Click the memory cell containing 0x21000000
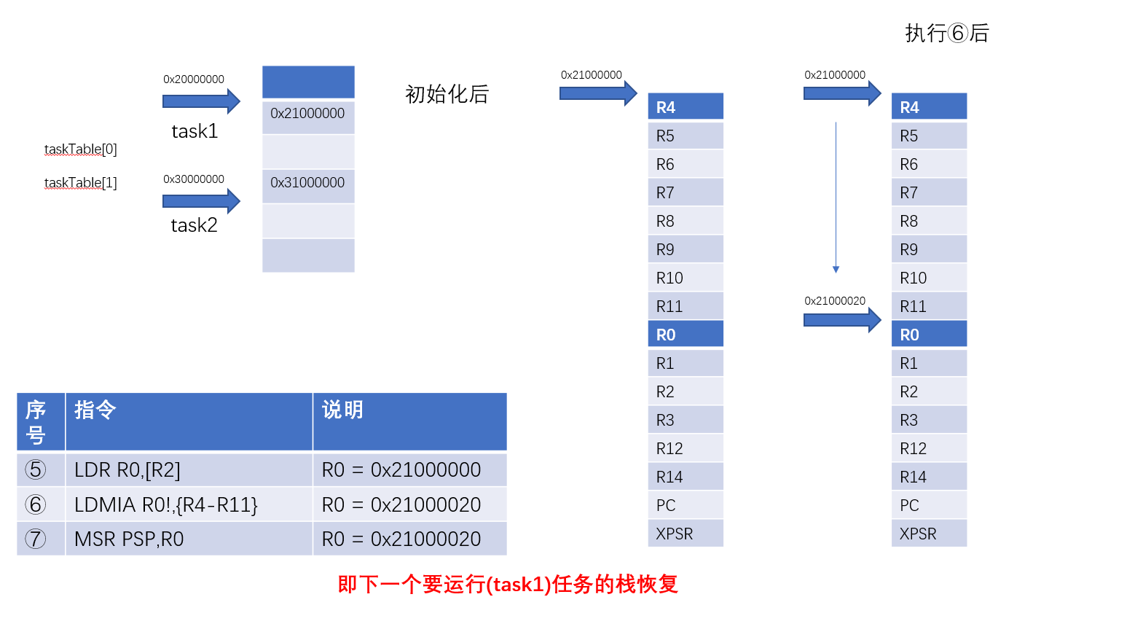coord(307,114)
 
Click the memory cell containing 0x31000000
coord(307,183)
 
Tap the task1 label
coord(195,131)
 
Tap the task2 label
coord(194,225)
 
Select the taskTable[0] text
coord(80,149)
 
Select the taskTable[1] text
coord(80,183)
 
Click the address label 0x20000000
coord(194,79)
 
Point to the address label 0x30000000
coord(194,179)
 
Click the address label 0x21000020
coord(835,301)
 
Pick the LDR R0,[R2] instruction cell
coord(189,470)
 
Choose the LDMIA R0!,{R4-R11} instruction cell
coord(189,504)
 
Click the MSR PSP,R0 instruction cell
coord(189,539)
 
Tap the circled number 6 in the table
coord(35,504)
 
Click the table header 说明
coord(342,410)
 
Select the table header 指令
coord(95,410)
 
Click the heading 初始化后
coord(447,94)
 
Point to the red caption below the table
coord(508,585)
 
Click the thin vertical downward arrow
coord(836,197)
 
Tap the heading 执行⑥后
coord(946,34)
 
